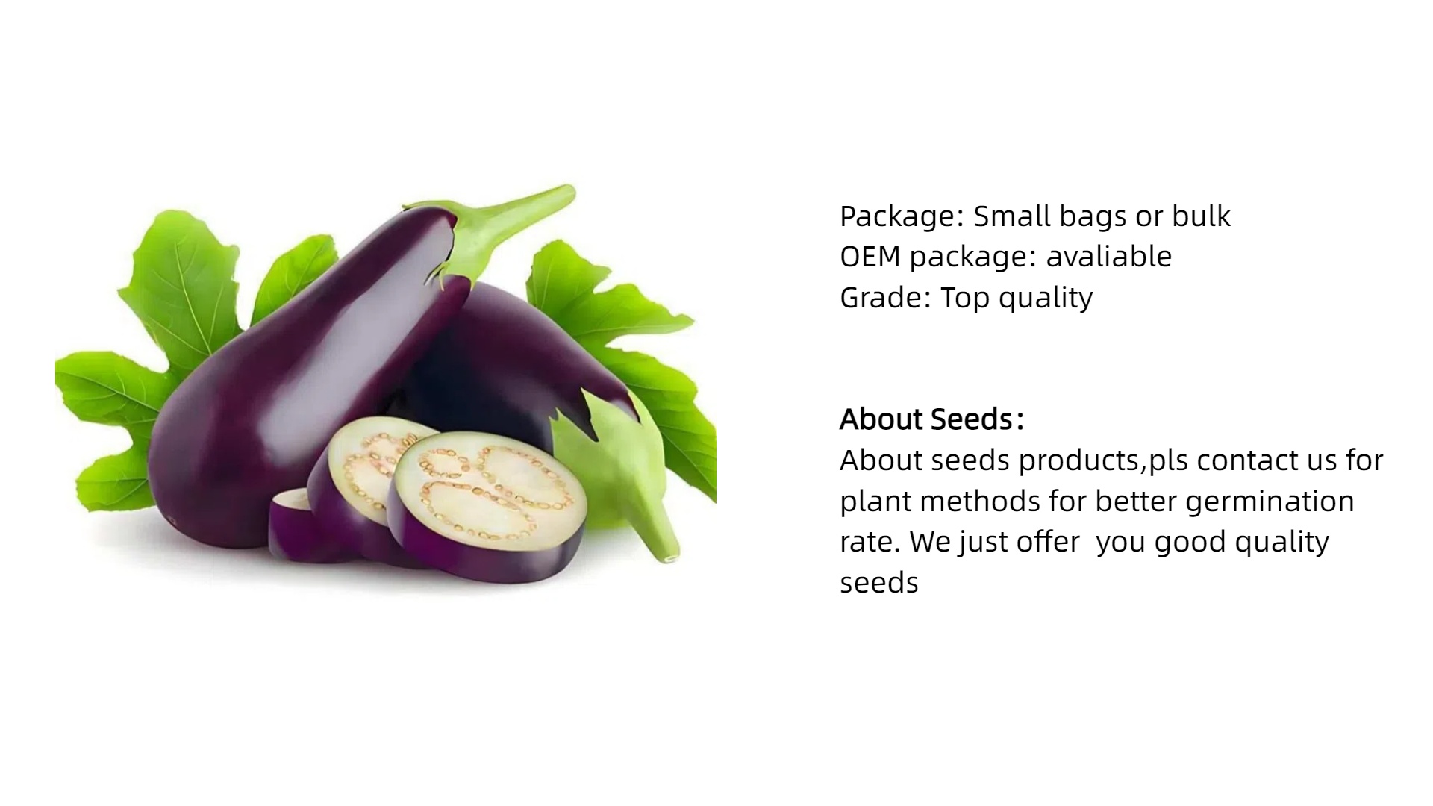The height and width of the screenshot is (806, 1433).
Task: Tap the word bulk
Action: pos(1201,216)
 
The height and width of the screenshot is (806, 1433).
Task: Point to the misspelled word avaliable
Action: pos(1109,257)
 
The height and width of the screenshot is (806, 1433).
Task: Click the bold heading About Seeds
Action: pos(931,419)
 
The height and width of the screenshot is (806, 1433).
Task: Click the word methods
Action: pos(980,502)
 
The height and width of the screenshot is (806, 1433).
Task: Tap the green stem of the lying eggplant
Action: pos(623,470)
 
